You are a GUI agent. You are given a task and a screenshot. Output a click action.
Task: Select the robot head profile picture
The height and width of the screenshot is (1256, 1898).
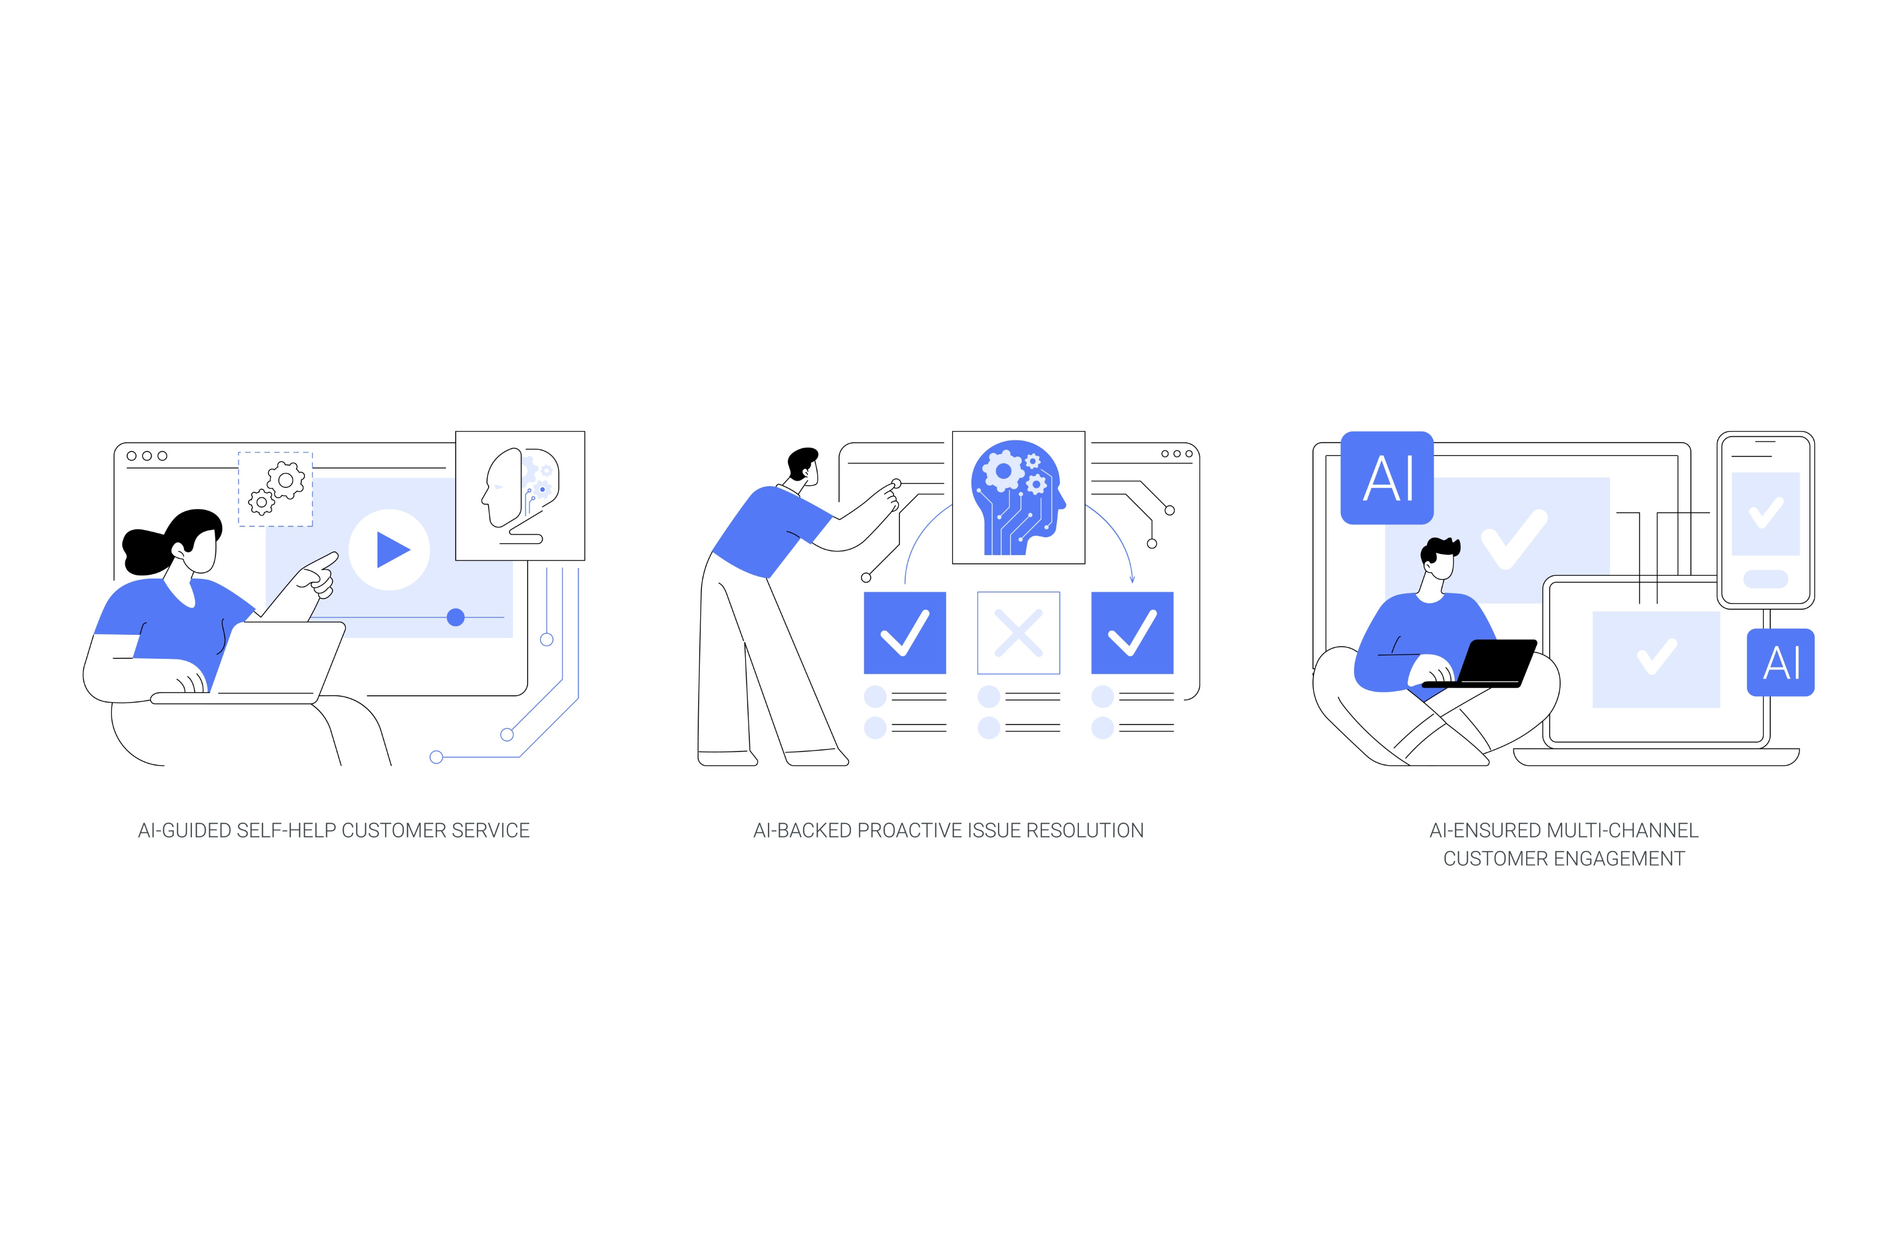pyautogui.click(x=520, y=496)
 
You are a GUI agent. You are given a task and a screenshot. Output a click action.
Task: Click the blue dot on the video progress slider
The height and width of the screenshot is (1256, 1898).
pyautogui.click(x=455, y=617)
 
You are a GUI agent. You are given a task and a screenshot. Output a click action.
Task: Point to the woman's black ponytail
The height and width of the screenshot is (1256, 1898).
pyautogui.click(x=147, y=551)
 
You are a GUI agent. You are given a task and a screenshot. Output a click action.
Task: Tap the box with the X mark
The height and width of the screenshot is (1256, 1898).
pyautogui.click(x=1018, y=633)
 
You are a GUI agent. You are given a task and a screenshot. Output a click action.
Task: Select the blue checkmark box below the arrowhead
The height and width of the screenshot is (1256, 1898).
pyautogui.click(x=1132, y=633)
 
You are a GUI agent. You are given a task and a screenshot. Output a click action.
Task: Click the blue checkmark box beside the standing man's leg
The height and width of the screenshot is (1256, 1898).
pyautogui.click(x=905, y=633)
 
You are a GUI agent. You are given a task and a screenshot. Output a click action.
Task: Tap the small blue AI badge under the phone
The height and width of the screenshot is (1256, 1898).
pyautogui.click(x=1780, y=662)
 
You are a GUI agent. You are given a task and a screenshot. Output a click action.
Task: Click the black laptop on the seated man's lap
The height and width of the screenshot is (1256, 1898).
pyautogui.click(x=1482, y=663)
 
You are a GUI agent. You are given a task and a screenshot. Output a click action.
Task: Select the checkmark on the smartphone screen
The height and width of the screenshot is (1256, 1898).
pyautogui.click(x=1766, y=513)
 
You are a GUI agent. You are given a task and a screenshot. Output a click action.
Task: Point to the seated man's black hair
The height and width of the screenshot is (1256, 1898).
pyautogui.click(x=1440, y=549)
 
